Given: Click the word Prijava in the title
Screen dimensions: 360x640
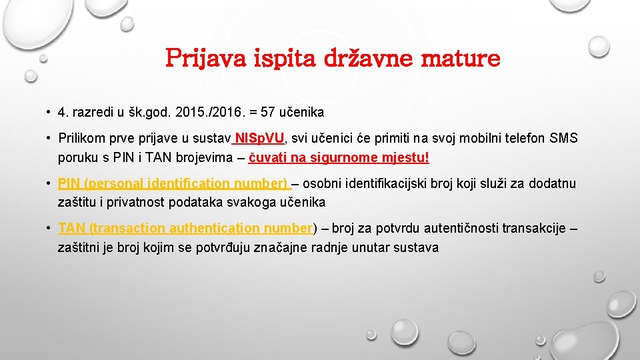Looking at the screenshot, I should (x=207, y=59).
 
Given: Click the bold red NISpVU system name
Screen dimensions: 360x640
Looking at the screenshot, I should (x=260, y=138).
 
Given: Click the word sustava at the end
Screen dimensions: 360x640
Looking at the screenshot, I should (x=417, y=247).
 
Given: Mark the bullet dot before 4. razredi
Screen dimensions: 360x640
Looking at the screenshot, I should (x=49, y=113).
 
